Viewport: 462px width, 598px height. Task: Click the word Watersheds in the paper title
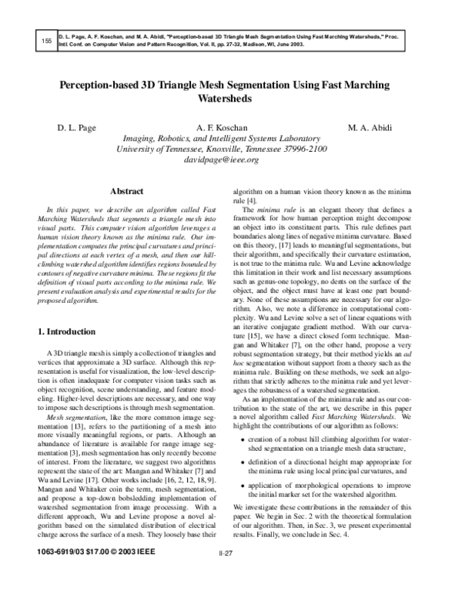pos(231,99)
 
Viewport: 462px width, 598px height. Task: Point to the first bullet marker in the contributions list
pos(244,459)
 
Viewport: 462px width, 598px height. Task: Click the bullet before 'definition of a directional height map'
pos(244,482)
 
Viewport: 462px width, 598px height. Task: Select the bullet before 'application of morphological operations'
pos(244,509)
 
